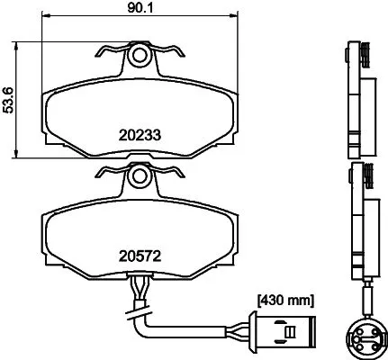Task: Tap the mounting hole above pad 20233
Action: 139,57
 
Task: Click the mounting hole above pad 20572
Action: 139,179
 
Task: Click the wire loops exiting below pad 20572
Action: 139,290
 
